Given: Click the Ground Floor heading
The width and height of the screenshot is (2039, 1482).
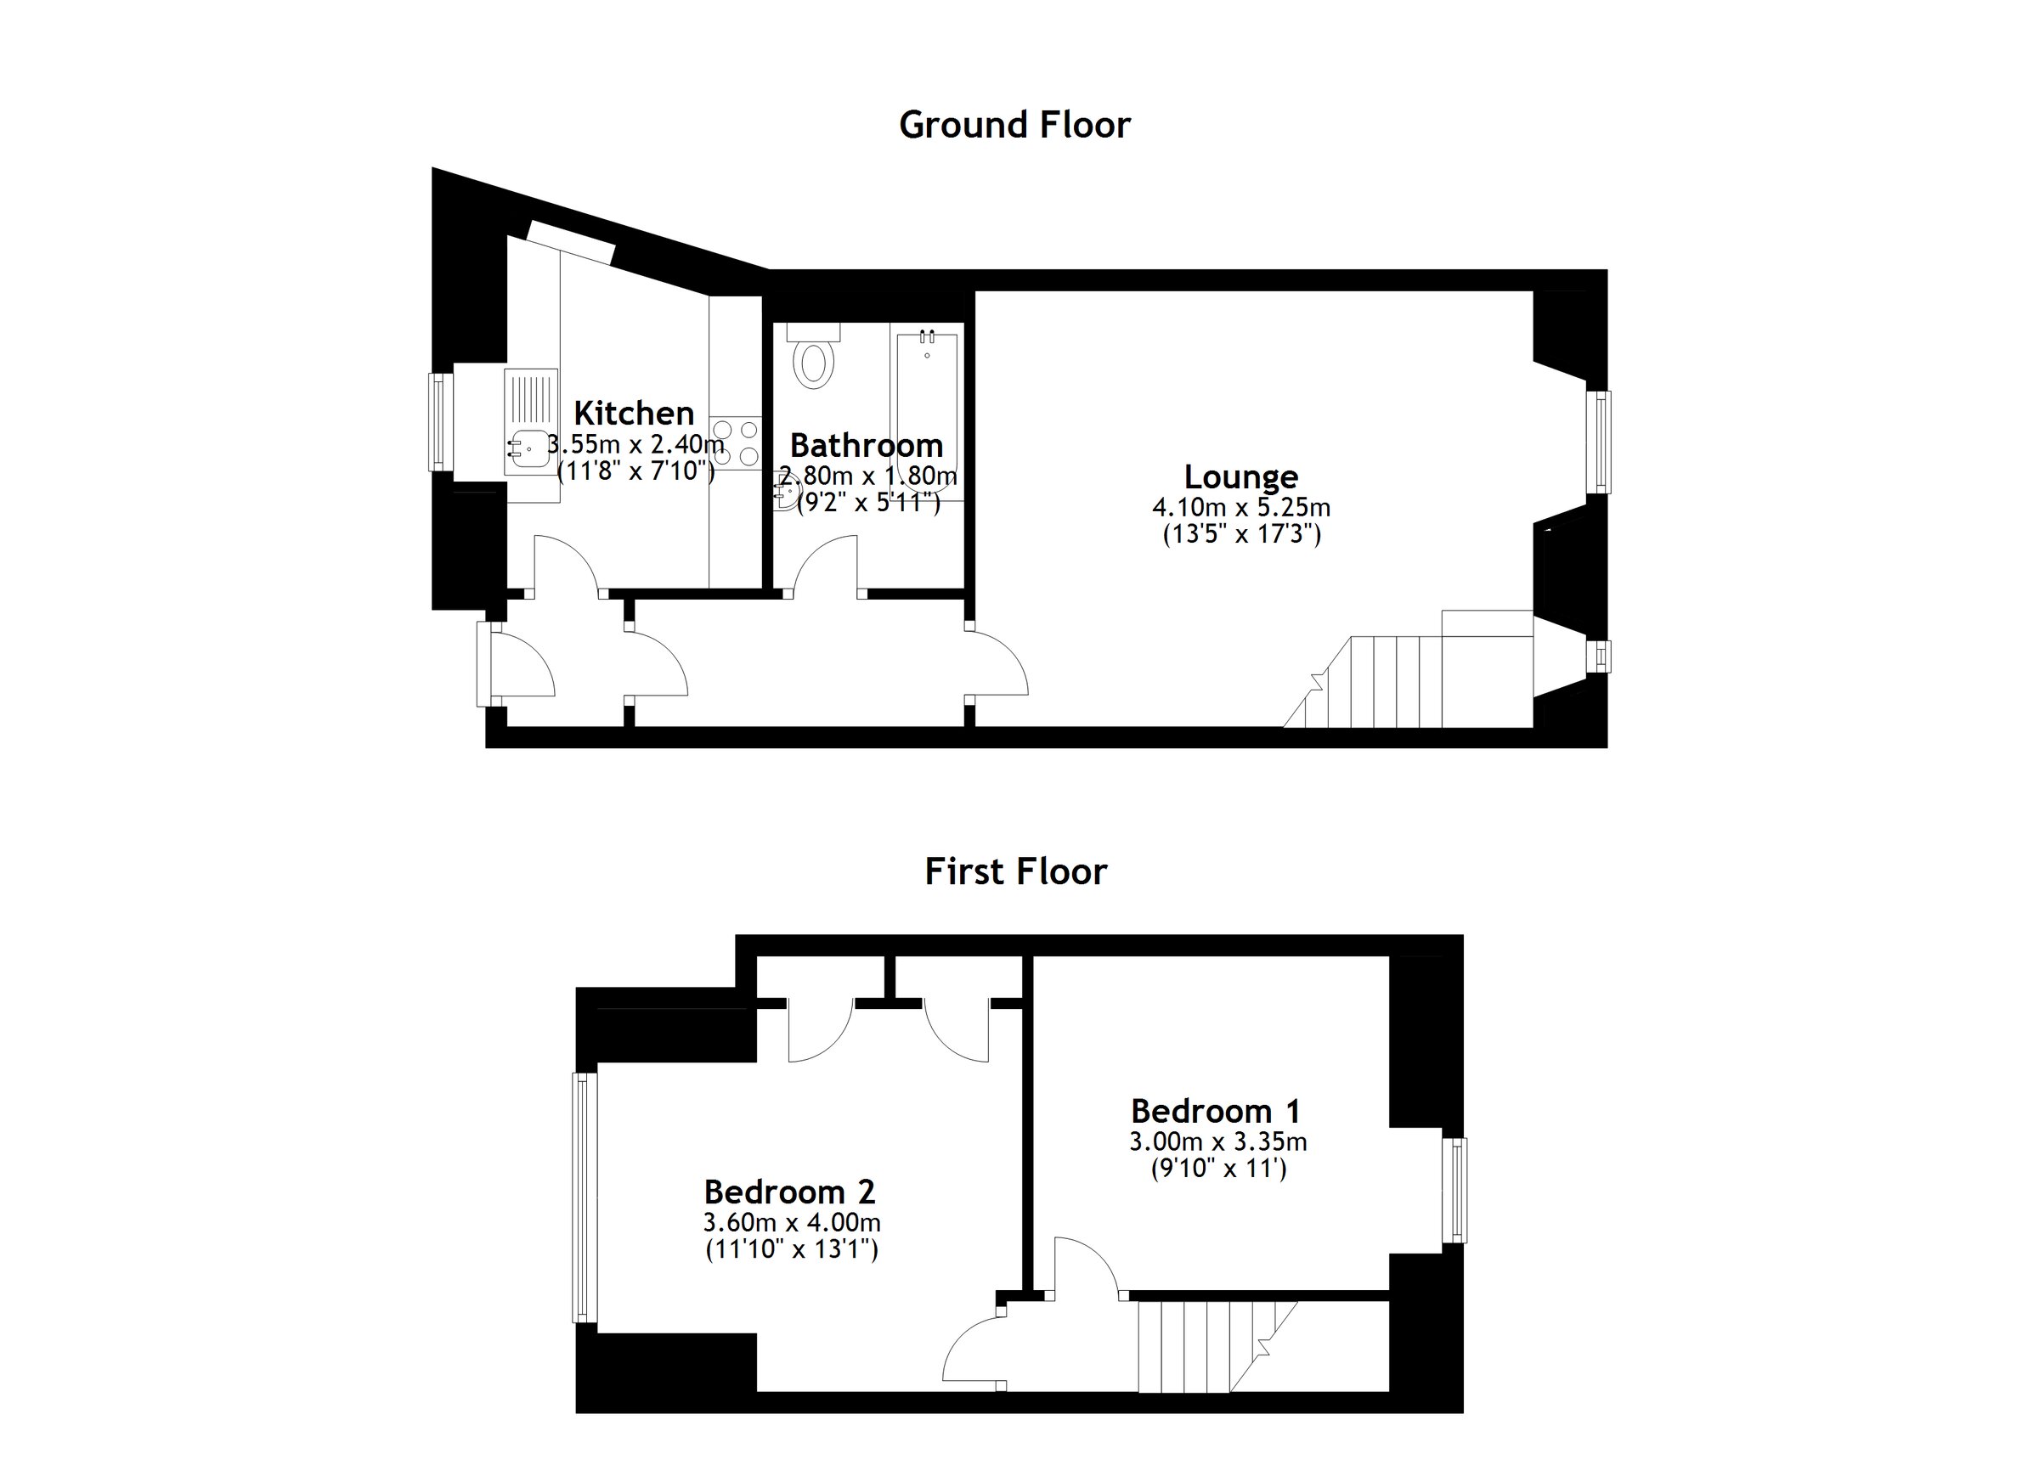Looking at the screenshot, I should (x=1014, y=125).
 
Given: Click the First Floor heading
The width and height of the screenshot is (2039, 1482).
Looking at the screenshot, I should (x=1016, y=871).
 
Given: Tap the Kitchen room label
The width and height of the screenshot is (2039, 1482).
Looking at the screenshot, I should (x=634, y=414).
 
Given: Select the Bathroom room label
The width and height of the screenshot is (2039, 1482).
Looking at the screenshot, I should (x=867, y=446).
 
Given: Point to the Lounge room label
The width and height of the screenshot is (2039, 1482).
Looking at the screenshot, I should (x=1240, y=476).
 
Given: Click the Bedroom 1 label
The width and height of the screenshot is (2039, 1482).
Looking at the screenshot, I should (x=1216, y=1112).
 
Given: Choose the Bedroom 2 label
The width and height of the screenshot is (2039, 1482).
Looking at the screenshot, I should (x=789, y=1192).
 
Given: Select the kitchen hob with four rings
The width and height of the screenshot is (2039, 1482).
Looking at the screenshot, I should (x=736, y=444).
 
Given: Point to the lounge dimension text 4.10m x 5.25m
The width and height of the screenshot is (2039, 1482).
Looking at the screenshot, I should (x=1240, y=508).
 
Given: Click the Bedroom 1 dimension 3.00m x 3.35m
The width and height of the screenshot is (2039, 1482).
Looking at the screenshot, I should (x=1218, y=1142).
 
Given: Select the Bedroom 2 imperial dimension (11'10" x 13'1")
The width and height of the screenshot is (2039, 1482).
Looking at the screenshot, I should (x=791, y=1249).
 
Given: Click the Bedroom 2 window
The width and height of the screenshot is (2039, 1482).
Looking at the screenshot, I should (x=585, y=1197).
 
